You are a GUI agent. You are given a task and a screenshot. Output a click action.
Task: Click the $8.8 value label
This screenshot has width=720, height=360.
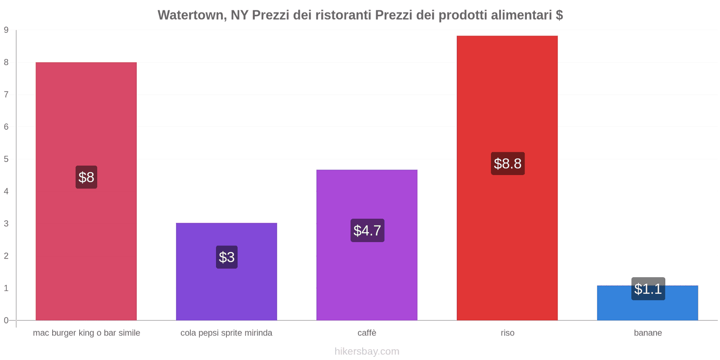click(x=508, y=163)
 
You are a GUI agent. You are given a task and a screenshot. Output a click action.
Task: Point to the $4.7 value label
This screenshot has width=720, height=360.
click(x=367, y=230)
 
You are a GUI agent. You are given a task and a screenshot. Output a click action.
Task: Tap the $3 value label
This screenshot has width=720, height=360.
click(x=226, y=257)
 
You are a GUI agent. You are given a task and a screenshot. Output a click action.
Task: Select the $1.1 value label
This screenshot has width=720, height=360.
click(x=648, y=289)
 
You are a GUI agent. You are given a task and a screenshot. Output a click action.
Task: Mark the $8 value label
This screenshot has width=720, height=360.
click(x=86, y=177)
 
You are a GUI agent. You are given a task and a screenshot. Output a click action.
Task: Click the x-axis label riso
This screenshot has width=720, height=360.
click(x=507, y=333)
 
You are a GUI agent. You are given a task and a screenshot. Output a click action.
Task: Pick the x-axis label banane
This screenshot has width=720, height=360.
click(x=648, y=333)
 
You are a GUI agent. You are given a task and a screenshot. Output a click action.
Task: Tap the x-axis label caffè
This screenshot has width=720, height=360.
click(x=367, y=333)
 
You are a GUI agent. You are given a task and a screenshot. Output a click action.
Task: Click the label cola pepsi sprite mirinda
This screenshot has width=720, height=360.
click(x=226, y=333)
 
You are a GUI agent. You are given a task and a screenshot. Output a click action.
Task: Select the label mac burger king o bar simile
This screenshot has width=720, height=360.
click(x=86, y=333)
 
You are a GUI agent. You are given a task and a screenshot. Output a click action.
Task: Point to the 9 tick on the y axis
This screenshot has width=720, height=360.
click(x=6, y=30)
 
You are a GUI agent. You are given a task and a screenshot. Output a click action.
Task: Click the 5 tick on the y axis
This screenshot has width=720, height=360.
click(x=6, y=159)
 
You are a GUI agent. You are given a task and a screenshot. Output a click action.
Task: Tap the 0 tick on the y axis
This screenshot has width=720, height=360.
click(x=6, y=320)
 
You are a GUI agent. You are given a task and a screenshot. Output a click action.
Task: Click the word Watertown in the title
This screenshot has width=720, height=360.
click(x=192, y=15)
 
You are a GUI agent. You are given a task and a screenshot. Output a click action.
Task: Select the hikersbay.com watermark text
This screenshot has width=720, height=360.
click(x=367, y=351)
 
